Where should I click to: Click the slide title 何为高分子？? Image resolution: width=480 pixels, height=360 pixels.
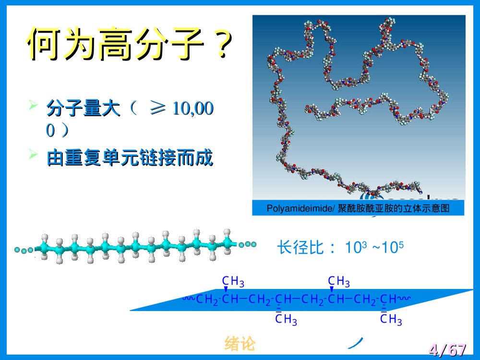click(130, 44)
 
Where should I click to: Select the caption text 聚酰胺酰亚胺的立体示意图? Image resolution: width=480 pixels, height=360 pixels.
click(394, 208)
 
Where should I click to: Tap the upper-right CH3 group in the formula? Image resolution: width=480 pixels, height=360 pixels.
click(339, 281)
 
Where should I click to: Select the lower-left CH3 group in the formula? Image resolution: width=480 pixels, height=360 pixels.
click(287, 320)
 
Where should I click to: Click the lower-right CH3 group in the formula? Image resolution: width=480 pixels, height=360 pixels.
click(391, 320)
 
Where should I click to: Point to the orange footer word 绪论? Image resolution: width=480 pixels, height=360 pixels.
click(240, 343)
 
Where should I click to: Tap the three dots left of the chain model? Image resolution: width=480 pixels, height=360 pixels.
click(24, 250)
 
